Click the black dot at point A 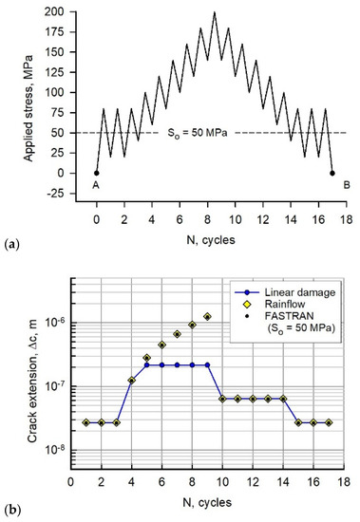click(96, 173)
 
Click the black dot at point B click(332, 173)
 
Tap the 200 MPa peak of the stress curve click(215, 12)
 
